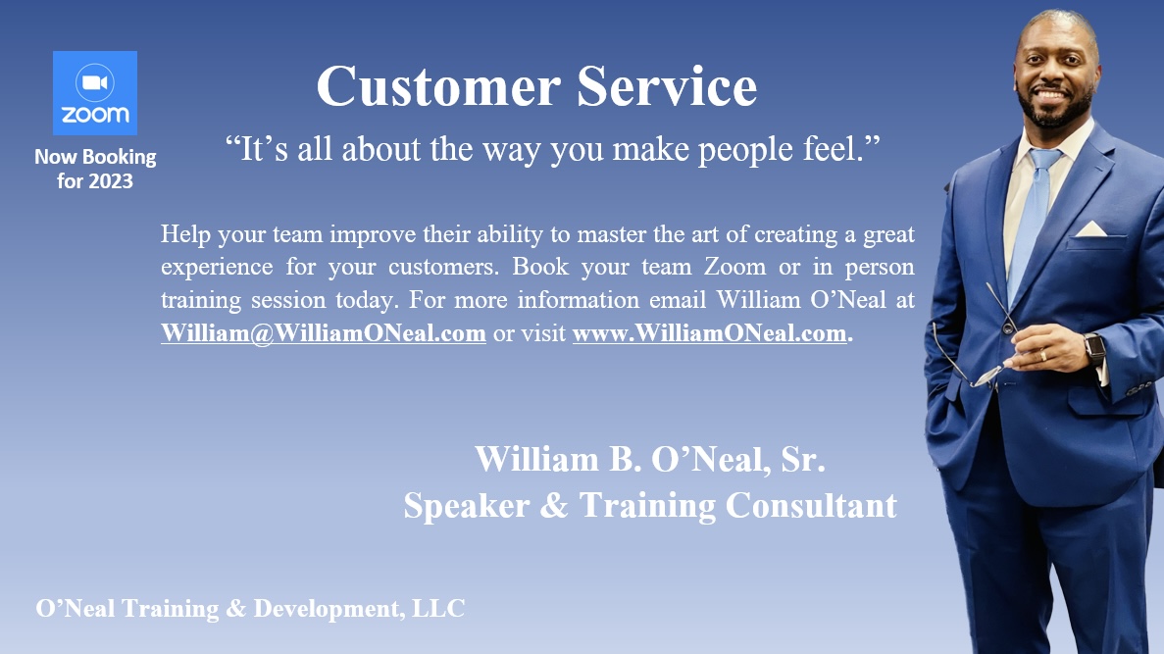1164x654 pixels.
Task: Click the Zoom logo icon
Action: pyautogui.click(x=95, y=93)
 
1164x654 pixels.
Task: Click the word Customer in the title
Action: pyautogui.click(x=438, y=87)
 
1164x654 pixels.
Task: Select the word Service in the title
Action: pyautogui.click(x=667, y=87)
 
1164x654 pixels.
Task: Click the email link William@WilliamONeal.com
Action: pyautogui.click(x=324, y=332)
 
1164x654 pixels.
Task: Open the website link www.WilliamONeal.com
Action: pyautogui.click(x=710, y=332)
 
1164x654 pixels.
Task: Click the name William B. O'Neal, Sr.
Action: pyautogui.click(x=650, y=460)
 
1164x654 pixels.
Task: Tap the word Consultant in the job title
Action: pyautogui.click(x=811, y=506)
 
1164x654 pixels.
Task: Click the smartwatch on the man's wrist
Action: pyautogui.click(x=1094, y=349)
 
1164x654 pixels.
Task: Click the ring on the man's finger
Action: pyautogui.click(x=1042, y=356)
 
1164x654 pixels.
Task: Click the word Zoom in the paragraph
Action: pyautogui.click(x=734, y=267)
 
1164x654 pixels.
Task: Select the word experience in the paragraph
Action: pyautogui.click(x=217, y=268)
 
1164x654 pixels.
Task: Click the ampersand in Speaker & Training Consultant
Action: pyautogui.click(x=554, y=506)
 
